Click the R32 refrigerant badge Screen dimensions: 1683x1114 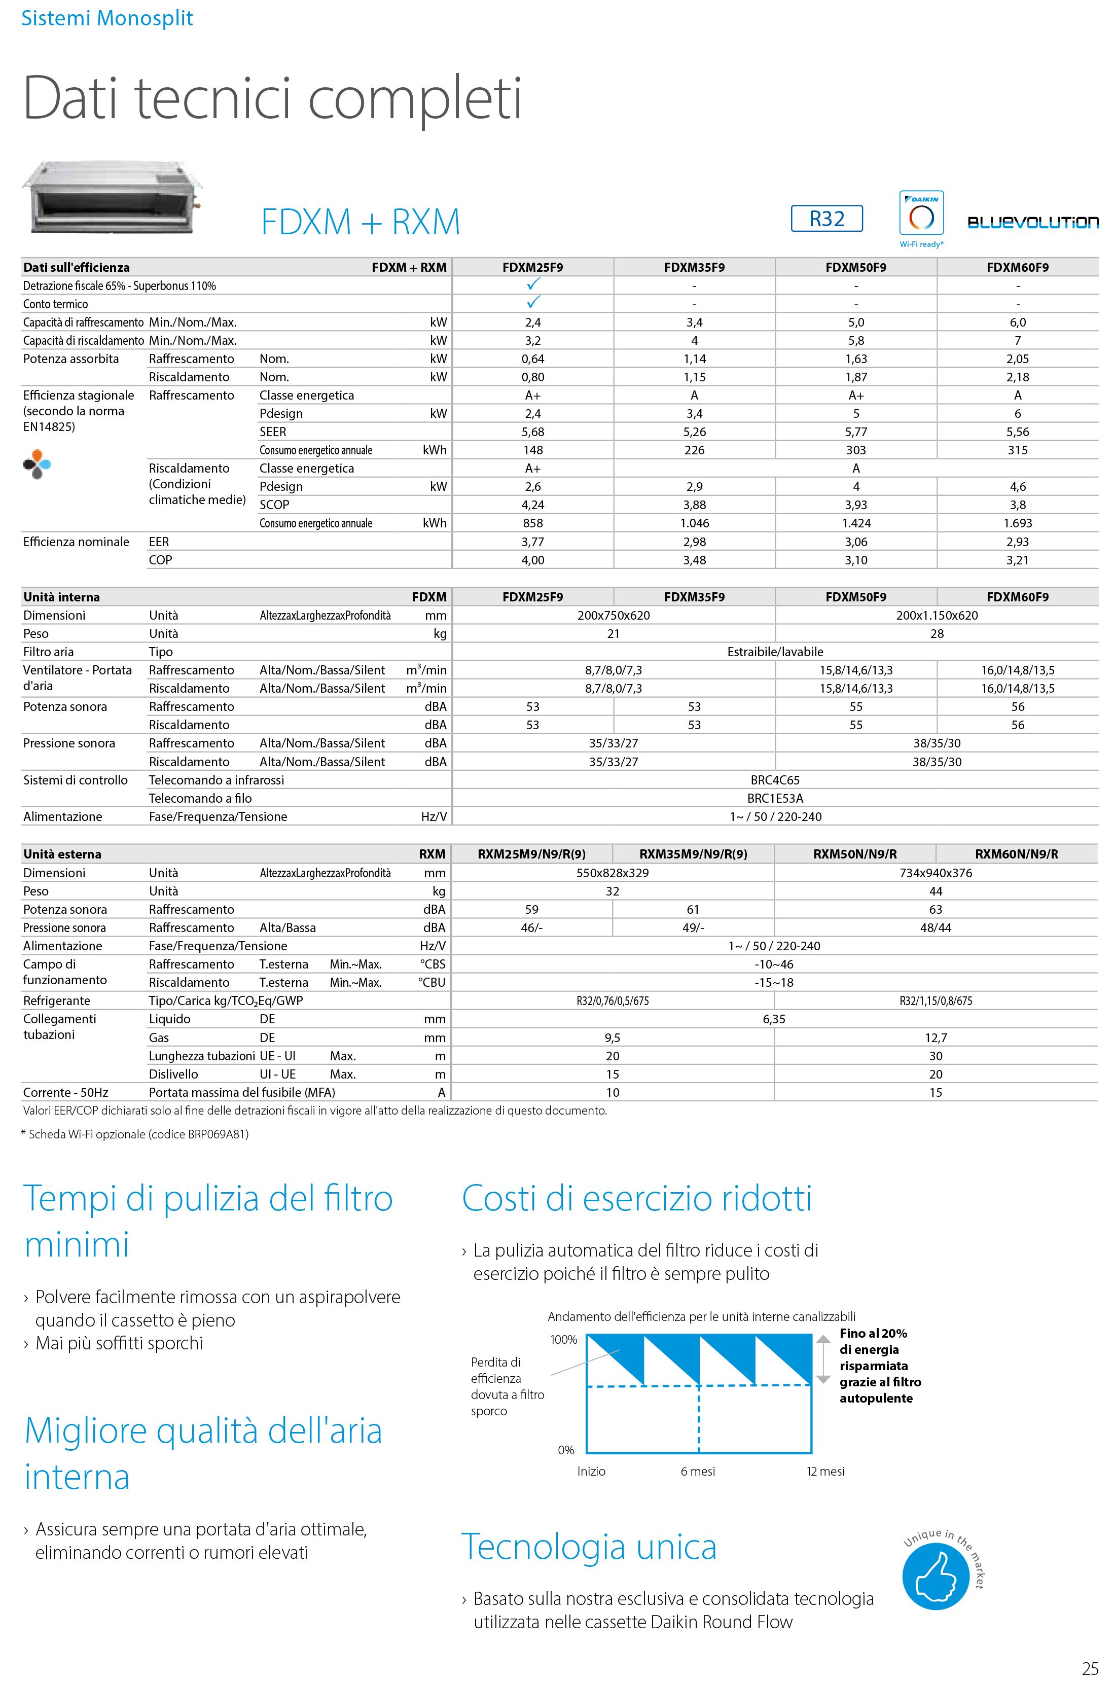[826, 218]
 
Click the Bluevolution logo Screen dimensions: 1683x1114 [1032, 223]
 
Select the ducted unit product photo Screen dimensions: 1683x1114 [112, 197]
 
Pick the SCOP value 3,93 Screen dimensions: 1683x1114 [856, 505]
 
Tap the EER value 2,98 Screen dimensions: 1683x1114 [694, 542]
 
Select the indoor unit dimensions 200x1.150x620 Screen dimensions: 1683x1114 [937, 615]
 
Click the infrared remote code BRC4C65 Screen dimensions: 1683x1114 [775, 780]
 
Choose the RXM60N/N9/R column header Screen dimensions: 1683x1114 [1017, 854]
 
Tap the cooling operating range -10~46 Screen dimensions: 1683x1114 [774, 964]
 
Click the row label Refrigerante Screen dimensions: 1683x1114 [57, 1001]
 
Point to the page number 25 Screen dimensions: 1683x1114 [1090, 1669]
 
